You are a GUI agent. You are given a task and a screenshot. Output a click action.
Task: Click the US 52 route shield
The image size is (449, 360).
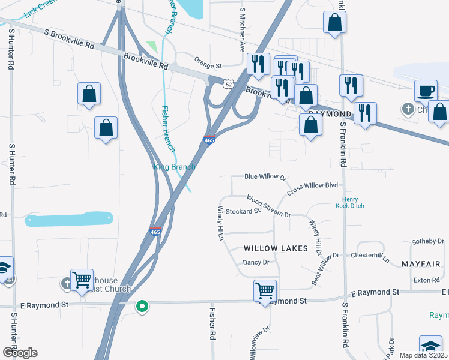(x=228, y=84)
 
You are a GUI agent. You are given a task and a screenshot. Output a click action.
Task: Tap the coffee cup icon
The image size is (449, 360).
(x=426, y=91)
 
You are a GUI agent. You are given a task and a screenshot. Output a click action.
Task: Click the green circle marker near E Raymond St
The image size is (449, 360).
(x=142, y=307)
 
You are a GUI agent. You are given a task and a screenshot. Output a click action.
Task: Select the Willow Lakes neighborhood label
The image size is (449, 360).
(x=276, y=248)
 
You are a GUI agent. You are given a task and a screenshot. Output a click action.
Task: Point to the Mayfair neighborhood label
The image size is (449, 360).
(x=421, y=264)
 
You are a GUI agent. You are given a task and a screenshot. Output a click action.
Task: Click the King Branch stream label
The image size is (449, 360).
(x=175, y=167)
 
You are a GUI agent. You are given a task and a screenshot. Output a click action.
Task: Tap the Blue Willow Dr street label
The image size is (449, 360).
(x=265, y=177)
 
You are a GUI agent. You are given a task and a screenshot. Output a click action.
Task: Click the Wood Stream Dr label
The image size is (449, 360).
(x=268, y=206)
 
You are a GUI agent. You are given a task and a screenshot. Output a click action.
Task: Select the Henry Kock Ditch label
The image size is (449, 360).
(x=354, y=203)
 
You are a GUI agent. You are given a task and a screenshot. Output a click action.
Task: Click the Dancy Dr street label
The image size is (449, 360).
(x=256, y=262)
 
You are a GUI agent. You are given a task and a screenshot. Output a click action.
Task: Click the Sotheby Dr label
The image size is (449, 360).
(x=427, y=241)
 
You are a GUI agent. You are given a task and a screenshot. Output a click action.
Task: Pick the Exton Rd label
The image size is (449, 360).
(x=426, y=280)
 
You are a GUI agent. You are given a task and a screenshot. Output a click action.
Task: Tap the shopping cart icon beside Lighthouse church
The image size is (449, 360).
(x=82, y=280)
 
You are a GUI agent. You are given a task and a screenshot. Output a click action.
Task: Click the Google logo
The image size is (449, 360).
(x=19, y=352)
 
